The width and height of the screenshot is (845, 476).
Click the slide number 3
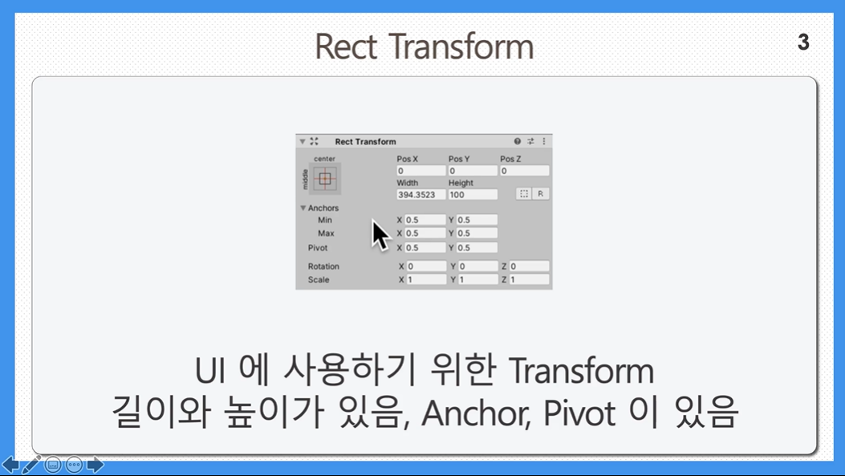click(803, 42)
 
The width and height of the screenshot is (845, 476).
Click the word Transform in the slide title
click(461, 47)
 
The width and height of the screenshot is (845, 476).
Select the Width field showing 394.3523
click(420, 194)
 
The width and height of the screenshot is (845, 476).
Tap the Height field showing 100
click(473, 194)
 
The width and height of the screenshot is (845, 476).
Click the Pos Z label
click(510, 159)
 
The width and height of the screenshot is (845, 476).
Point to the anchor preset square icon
click(325, 178)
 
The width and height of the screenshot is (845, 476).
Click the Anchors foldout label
click(323, 208)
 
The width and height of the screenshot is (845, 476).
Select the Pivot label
click(318, 248)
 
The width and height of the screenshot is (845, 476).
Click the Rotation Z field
click(529, 266)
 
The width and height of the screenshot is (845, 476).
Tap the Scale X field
click(426, 280)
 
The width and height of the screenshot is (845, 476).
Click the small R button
click(541, 194)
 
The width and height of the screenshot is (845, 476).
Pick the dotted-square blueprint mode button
click(524, 194)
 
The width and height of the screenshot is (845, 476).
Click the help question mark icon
click(518, 141)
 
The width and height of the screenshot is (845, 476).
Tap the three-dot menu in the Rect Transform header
click(544, 141)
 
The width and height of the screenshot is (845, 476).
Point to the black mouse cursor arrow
click(380, 235)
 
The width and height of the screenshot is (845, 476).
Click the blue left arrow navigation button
click(10, 464)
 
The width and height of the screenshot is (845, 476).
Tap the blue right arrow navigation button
click(95, 464)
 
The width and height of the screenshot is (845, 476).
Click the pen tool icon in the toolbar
click(31, 464)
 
